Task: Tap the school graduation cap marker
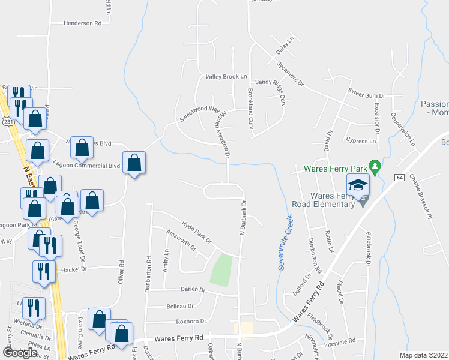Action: click(x=358, y=185)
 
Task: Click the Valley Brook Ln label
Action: click(x=226, y=77)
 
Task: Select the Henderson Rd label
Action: click(x=83, y=23)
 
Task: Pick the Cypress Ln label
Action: click(x=361, y=141)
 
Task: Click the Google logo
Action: click(x=20, y=353)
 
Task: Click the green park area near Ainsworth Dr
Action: click(x=221, y=269)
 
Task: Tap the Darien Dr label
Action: click(x=193, y=289)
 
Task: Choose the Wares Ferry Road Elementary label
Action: click(x=324, y=200)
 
